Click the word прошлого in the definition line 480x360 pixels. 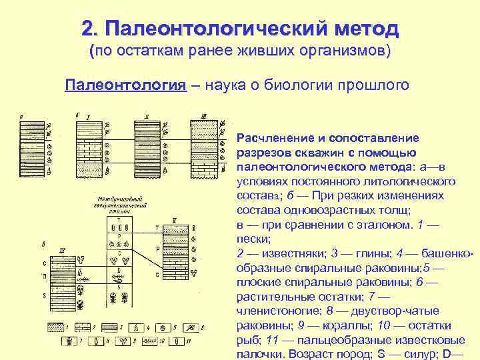tap(379, 87)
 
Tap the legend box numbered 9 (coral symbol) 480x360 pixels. tap(123, 341)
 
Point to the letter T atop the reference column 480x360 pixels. tap(119, 219)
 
